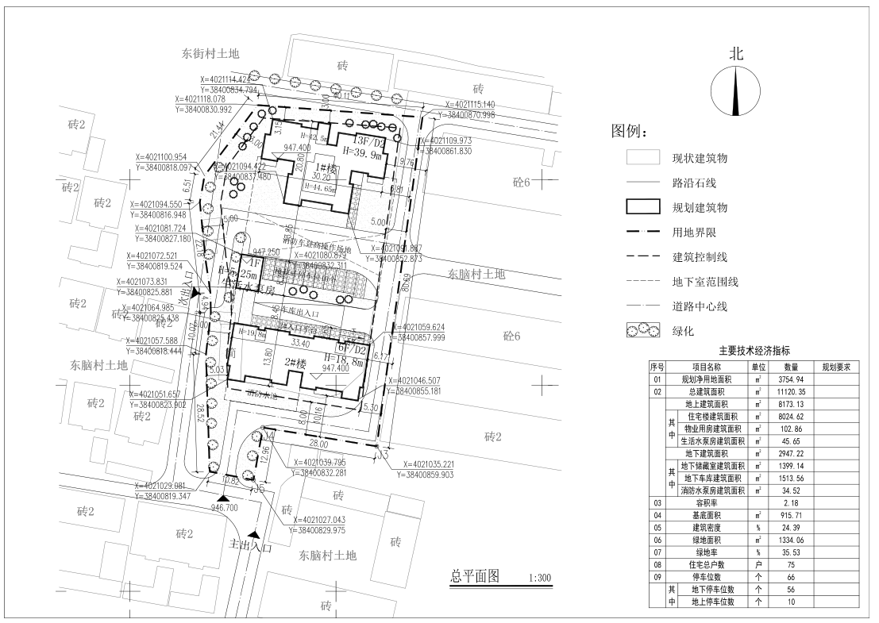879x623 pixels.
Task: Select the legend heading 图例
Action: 629,130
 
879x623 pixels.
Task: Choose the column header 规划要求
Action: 835,367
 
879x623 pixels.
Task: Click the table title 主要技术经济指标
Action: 755,350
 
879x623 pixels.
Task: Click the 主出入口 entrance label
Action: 251,547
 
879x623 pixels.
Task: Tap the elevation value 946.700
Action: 225,507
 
